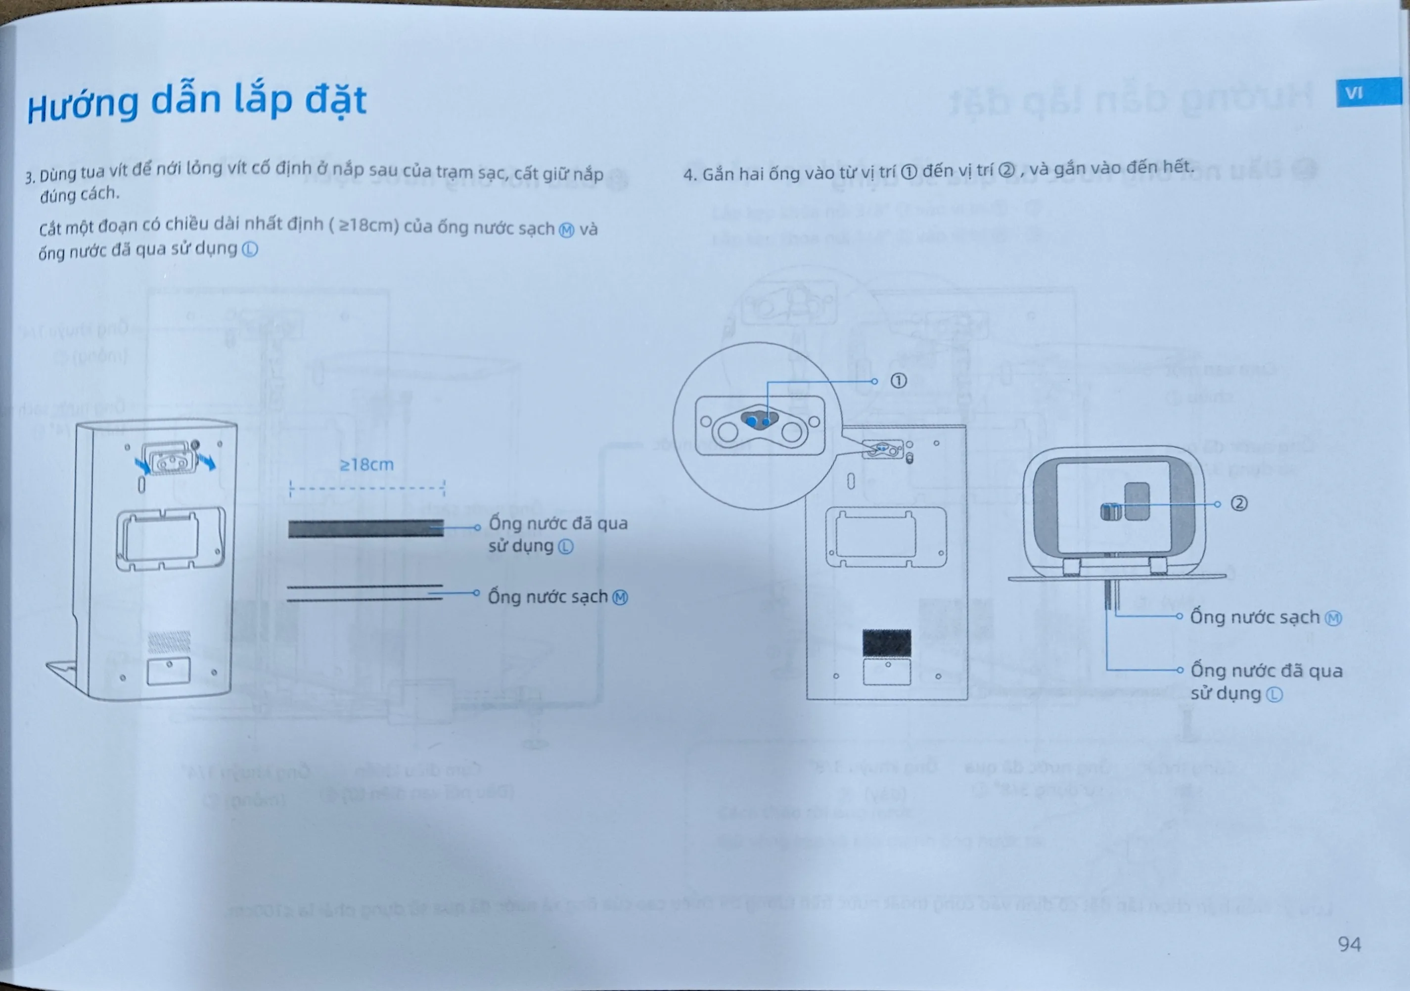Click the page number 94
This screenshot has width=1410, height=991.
point(1349,944)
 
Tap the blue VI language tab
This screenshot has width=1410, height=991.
point(1369,92)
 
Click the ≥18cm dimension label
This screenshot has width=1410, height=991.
point(366,464)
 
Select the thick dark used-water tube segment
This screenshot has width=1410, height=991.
point(366,529)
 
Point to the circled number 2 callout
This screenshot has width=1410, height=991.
point(1239,503)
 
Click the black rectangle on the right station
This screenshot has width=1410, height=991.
point(887,642)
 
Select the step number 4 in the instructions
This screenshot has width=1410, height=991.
point(689,175)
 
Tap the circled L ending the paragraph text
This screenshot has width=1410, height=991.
point(250,249)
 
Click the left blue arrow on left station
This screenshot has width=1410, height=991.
point(142,465)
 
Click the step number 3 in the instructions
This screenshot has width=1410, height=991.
point(29,178)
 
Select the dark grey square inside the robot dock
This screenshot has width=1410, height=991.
point(1137,501)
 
